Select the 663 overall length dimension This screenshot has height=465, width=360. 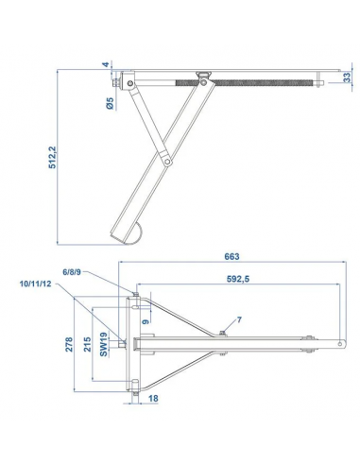pos(232,256)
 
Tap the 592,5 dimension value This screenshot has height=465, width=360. pos(237,279)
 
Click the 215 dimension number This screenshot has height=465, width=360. pos(87,346)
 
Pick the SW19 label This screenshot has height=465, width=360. pos(105,347)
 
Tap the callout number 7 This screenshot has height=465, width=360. pos(238,320)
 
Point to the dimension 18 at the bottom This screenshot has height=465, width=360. pos(153,399)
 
